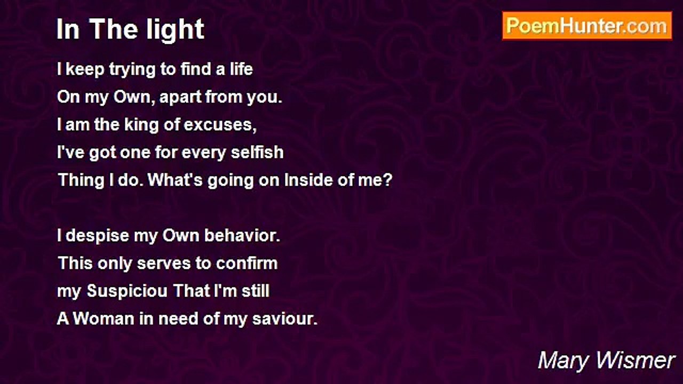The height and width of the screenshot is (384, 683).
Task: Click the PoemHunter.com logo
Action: point(587,26)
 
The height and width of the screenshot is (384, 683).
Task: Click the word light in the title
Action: point(175,30)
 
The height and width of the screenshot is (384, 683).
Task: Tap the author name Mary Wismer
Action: point(606,361)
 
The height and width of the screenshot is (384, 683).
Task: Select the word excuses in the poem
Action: point(220,125)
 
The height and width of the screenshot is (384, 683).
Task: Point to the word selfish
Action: point(257,152)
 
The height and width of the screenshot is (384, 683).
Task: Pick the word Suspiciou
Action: point(127,291)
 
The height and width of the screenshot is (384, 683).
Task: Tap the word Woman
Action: point(104,318)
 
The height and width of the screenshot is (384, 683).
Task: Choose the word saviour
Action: point(285,319)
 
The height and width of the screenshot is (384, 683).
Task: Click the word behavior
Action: point(242,236)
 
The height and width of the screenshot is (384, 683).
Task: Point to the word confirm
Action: point(247,263)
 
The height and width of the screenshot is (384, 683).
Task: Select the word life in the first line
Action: point(241,69)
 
